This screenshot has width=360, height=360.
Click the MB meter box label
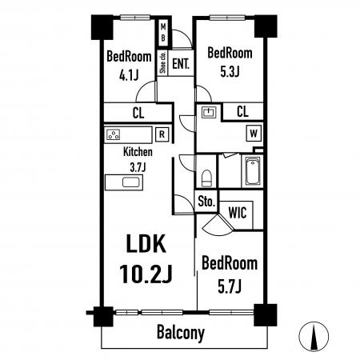tap(163, 33)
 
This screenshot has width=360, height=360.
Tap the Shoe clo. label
tap(163, 62)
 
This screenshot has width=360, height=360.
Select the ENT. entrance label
tap(181, 64)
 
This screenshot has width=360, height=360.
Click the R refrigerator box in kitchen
tap(162, 134)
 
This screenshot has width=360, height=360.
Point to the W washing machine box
tap(254, 133)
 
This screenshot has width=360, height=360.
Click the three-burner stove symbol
tap(114, 134)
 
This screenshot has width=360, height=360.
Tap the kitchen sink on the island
tap(131, 182)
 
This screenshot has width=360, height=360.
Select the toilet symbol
tap(206, 178)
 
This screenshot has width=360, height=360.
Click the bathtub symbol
tap(253, 171)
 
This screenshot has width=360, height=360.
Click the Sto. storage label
tap(206, 202)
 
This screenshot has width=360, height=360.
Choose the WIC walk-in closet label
tap(238, 213)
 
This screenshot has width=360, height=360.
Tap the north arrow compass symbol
tap(314, 336)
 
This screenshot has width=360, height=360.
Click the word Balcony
tap(181, 333)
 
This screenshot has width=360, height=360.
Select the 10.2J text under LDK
tap(146, 274)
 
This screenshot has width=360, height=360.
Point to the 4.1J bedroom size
tap(129, 75)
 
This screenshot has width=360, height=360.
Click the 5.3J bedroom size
tap(230, 71)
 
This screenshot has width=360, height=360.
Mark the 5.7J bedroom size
tap(230, 287)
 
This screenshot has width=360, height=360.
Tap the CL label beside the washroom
tap(242, 111)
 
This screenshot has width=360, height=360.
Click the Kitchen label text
tap(138, 152)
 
